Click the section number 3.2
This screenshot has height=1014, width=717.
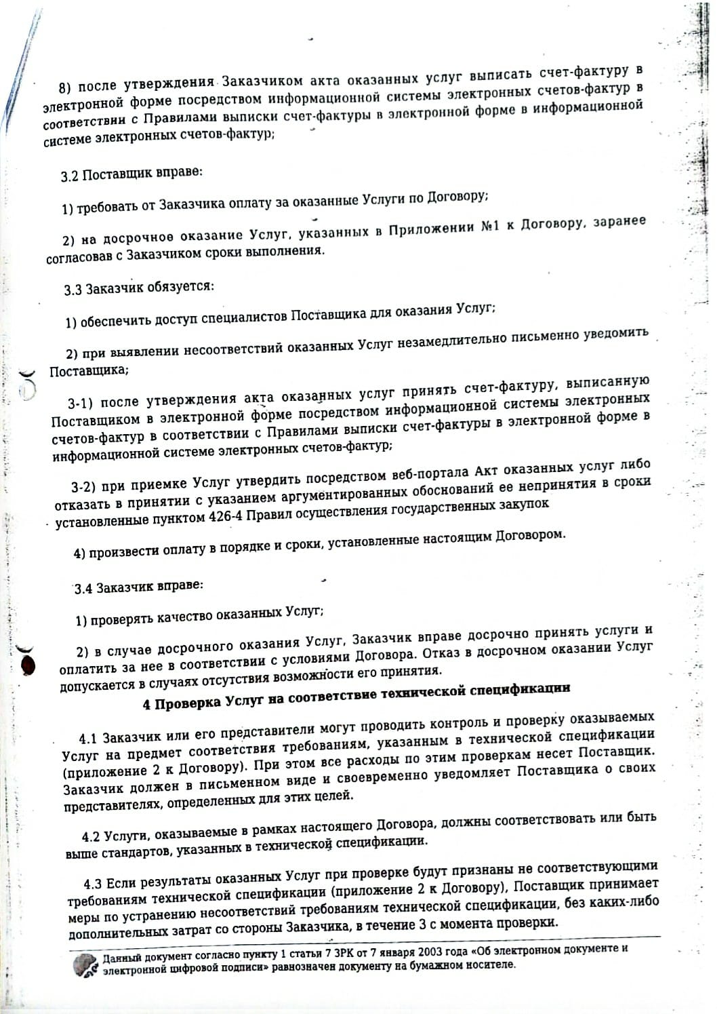(x=69, y=176)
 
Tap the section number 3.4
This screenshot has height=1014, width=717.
(x=83, y=588)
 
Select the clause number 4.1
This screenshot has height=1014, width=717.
(x=89, y=737)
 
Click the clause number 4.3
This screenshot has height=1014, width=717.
(x=94, y=883)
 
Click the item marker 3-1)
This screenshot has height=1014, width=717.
(x=83, y=404)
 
